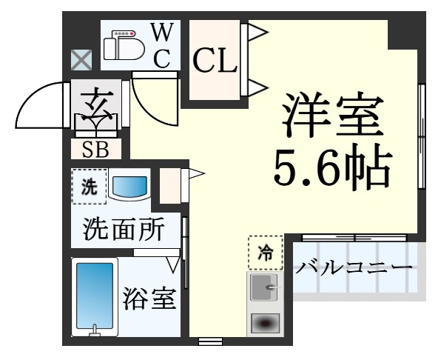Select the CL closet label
pyautogui.click(x=215, y=61)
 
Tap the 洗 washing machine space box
pyautogui.click(x=88, y=188)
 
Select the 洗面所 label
pyautogui.click(x=124, y=230)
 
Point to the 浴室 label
pyautogui.click(x=149, y=300)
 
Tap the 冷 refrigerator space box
pyautogui.click(x=264, y=254)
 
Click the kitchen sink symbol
pyautogui.click(x=264, y=287)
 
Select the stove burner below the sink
pyautogui.click(x=264, y=323)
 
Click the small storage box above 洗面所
pyautogui.click(x=170, y=184)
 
